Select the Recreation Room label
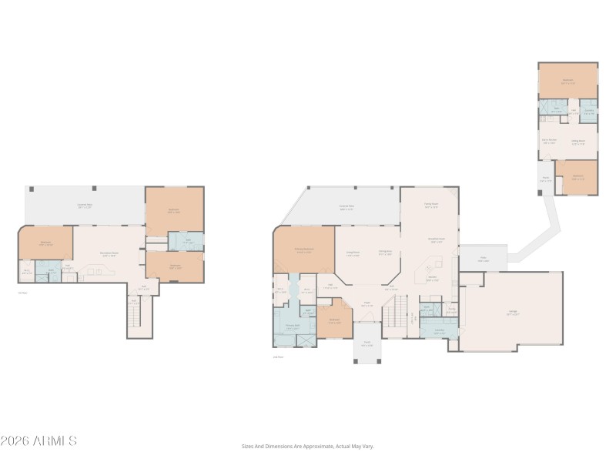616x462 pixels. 109,253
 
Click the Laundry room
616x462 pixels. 439,332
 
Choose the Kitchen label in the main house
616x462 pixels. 433,278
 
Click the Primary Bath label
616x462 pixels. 292,326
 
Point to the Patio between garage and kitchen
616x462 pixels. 483,259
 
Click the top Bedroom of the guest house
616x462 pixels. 567,80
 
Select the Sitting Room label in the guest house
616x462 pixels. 577,142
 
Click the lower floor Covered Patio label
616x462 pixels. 85,206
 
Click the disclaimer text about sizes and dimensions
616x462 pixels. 308,446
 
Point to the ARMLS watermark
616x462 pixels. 38,441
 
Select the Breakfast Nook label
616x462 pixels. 436,240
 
